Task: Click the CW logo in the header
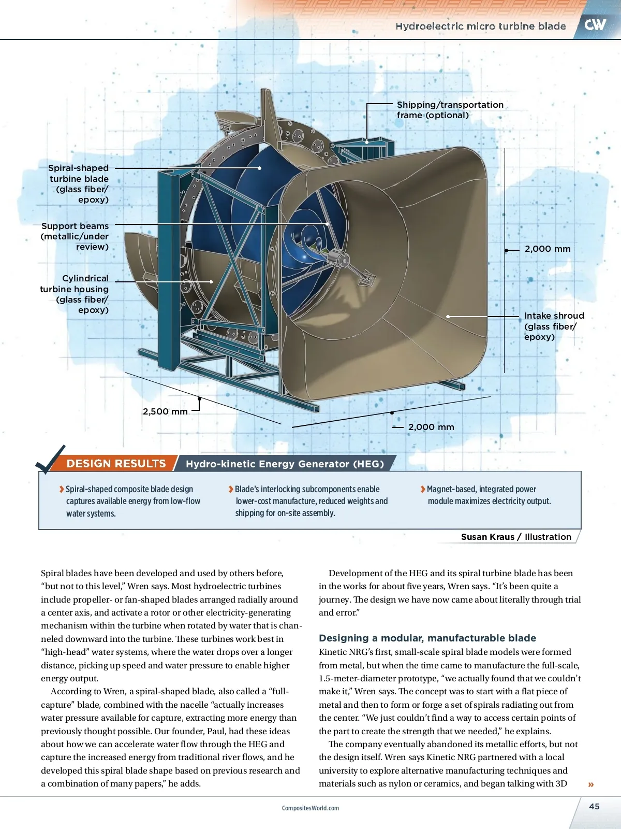point(595,24)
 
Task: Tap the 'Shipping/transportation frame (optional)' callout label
point(450,110)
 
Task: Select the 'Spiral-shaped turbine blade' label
point(79,183)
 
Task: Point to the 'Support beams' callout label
point(75,236)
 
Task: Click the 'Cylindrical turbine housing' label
point(75,294)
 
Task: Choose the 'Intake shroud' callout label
point(554,326)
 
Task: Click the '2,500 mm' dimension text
point(165,411)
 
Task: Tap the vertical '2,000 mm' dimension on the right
point(548,249)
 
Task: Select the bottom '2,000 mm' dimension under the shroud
point(431,427)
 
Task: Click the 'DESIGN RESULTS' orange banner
point(116,464)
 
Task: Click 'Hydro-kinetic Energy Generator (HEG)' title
point(285,464)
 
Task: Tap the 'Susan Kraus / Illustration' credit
point(516,537)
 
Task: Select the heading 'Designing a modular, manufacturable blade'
point(427,638)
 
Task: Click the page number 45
point(594,806)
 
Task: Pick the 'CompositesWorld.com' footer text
point(310,808)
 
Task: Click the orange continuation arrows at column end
point(591,784)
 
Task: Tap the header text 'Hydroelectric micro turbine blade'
point(480,26)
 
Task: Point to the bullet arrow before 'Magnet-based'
point(423,489)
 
